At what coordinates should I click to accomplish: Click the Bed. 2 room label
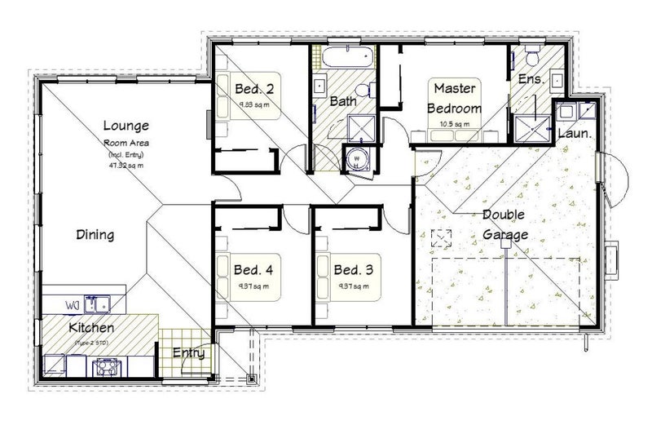pos(254,89)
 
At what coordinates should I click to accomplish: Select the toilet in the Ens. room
pos(533,58)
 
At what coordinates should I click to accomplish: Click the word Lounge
pos(126,126)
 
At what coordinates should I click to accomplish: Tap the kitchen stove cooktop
pos(106,367)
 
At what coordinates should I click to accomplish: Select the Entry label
pos(187,353)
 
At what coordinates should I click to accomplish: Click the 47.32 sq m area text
pos(125,164)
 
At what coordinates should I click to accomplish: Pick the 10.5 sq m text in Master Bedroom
pos(456,124)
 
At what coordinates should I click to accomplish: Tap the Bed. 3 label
pos(352,269)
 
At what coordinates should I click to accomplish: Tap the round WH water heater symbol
pos(356,160)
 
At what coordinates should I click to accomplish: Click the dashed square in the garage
pos(441,239)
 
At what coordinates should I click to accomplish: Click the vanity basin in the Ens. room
pos(557,80)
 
